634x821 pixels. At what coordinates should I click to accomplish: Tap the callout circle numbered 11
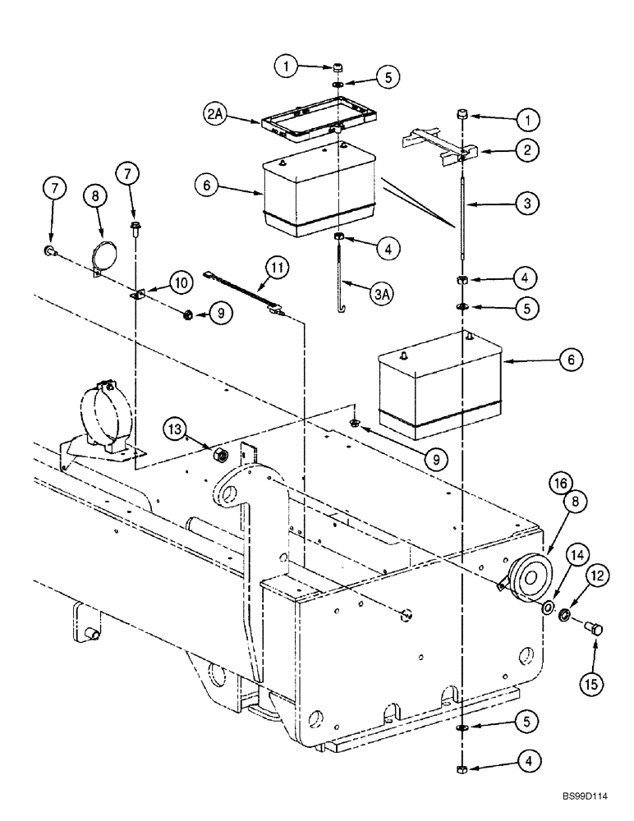pos(278,266)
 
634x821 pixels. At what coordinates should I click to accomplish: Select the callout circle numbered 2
pos(528,149)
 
